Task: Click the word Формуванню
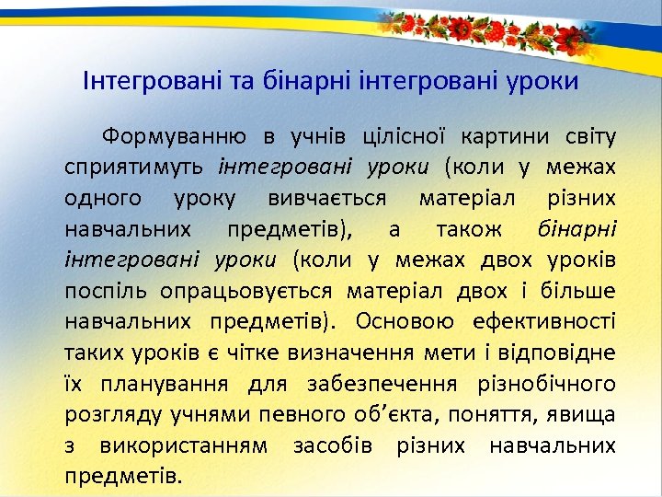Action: [x=174, y=138]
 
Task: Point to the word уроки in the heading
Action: [x=542, y=81]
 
